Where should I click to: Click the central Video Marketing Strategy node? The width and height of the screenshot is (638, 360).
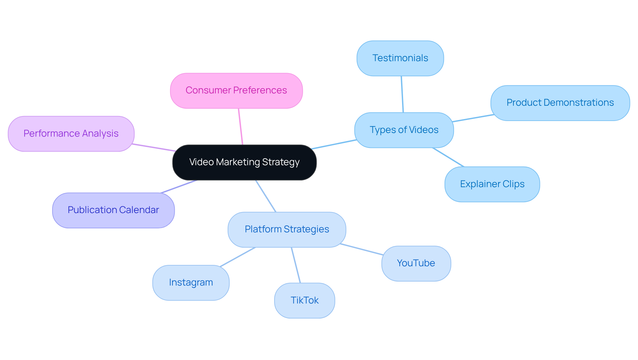(244, 162)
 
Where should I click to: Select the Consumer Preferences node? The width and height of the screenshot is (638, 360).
(236, 90)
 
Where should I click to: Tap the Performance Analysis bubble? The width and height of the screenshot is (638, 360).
(71, 134)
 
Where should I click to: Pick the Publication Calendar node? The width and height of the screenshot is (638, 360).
(113, 210)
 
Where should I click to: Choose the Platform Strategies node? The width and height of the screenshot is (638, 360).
(287, 229)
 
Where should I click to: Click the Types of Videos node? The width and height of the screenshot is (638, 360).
(404, 130)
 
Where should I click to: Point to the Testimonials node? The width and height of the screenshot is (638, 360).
(400, 58)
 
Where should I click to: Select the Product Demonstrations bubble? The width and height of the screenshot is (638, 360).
(560, 103)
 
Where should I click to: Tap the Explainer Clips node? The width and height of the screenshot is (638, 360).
(492, 184)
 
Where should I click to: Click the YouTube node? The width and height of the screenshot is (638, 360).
(416, 263)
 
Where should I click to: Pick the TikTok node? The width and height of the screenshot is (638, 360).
(304, 300)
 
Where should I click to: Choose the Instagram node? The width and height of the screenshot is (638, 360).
(191, 283)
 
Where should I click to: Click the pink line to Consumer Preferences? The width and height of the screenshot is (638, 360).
(241, 126)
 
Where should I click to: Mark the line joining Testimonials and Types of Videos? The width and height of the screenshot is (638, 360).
(402, 94)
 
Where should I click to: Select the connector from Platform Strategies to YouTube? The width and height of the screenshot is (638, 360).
(362, 249)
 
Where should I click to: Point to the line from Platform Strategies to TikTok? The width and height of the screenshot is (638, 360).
(296, 265)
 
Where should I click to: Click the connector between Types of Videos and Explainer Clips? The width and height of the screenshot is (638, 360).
(448, 157)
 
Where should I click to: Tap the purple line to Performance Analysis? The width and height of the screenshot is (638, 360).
(154, 148)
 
